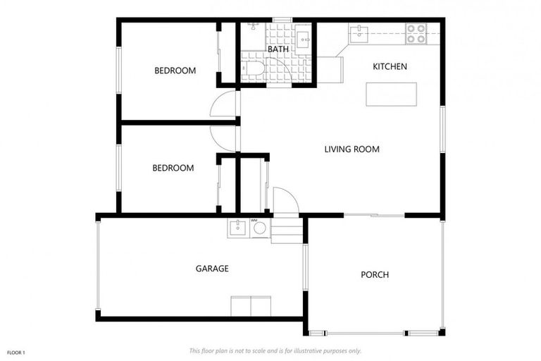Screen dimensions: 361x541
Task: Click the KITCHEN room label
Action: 390,67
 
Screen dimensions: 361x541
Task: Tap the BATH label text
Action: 278,49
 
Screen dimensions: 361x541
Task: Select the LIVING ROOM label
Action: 352,149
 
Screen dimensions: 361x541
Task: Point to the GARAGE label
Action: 212,269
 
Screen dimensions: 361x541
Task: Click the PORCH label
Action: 375,274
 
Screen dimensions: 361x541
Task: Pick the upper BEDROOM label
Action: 175,71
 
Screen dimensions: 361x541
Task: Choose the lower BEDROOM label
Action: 173,168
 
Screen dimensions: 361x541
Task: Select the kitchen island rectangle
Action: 391,94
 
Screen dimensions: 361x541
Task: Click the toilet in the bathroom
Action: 251,69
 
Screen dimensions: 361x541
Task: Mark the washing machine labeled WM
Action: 259,228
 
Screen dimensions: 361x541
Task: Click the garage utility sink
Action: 237,228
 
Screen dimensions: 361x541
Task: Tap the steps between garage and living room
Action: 286,229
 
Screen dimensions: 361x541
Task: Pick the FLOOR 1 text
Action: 15,352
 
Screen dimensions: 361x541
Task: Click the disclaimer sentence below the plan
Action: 275,350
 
